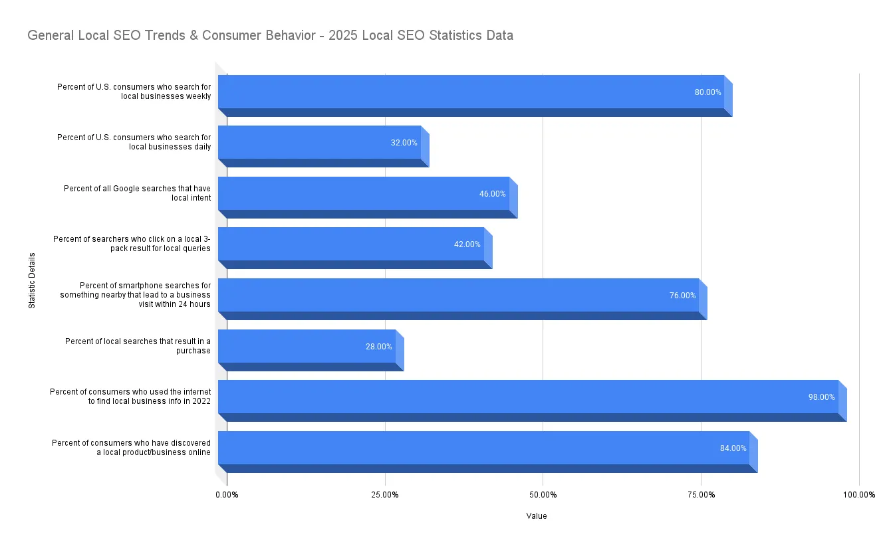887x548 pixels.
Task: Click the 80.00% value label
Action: click(707, 92)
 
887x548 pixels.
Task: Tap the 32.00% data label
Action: click(404, 143)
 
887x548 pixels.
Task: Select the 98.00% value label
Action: click(821, 397)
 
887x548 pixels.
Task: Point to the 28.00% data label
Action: click(378, 347)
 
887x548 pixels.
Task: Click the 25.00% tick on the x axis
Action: click(385, 495)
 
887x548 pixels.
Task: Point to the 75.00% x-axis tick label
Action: click(701, 495)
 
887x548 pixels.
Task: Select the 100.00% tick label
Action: click(858, 495)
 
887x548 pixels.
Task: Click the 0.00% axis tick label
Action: click(227, 495)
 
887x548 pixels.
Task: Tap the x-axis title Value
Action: click(536, 516)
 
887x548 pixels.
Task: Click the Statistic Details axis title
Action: click(32, 280)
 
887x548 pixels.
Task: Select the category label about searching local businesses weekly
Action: click(134, 91)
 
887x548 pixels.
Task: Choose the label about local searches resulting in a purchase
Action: click(138, 345)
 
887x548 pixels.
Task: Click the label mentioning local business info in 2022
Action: click(130, 397)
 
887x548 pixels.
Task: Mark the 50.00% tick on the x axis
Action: click(543, 495)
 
